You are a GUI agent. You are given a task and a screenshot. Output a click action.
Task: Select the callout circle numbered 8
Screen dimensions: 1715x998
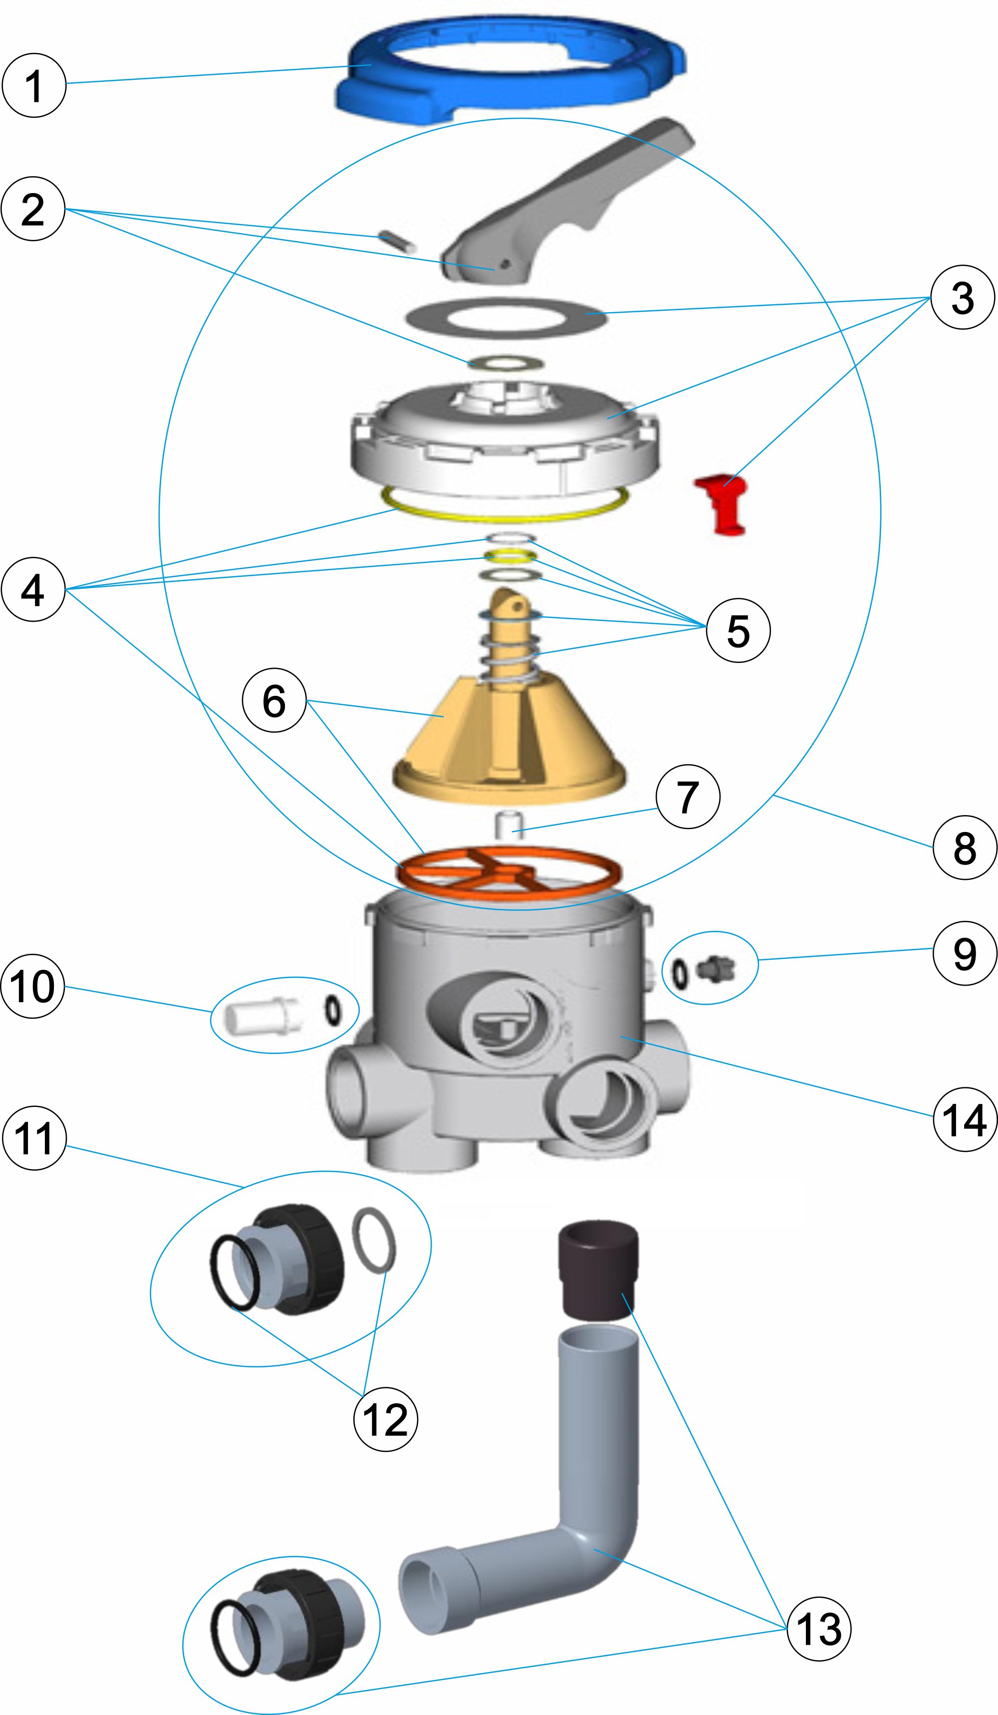[x=965, y=848]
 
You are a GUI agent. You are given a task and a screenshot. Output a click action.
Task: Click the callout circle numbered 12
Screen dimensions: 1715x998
[x=385, y=1419]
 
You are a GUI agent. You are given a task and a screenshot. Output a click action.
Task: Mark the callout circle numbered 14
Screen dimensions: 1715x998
[x=965, y=1119]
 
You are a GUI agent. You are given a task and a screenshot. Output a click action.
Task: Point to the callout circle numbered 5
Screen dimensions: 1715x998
[x=739, y=630]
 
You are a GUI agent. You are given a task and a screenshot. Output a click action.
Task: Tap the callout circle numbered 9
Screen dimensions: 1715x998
[x=965, y=953]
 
